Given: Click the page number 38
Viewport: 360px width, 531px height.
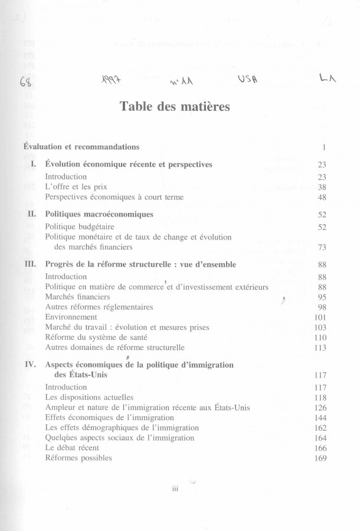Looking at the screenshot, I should pyautogui.click(x=322, y=187).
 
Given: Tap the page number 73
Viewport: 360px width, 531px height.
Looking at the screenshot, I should pyautogui.click(x=322, y=247).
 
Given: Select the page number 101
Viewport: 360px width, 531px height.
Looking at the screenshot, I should pyautogui.click(x=320, y=317).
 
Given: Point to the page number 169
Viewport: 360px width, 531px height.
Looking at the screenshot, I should pyautogui.click(x=320, y=458).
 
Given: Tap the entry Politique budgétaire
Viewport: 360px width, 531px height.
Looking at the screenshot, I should pyautogui.click(x=80, y=227).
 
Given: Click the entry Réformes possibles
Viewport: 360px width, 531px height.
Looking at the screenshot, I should pyautogui.click(x=78, y=458).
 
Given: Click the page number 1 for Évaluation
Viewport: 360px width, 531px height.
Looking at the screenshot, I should pyautogui.click(x=325, y=146).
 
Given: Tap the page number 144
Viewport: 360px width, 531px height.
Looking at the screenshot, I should pyautogui.click(x=320, y=418).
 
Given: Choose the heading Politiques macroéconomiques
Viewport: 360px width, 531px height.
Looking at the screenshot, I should pyautogui.click(x=99, y=214).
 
